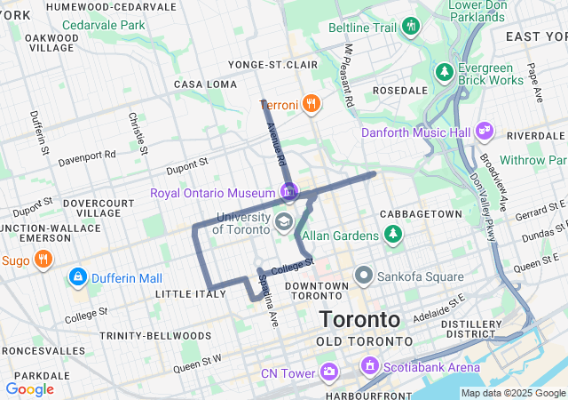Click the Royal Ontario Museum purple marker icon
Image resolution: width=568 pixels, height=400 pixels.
(288, 191)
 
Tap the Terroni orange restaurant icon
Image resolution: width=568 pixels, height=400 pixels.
(310, 103)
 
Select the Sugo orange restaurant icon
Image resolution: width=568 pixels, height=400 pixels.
(43, 260)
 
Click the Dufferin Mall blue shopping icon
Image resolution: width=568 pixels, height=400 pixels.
(77, 278)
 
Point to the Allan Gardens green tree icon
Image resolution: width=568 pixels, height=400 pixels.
(392, 235)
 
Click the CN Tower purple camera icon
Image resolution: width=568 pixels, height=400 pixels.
(328, 371)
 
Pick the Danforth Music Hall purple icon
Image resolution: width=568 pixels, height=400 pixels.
(484, 132)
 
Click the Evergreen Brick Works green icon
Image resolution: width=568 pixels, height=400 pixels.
(443, 70)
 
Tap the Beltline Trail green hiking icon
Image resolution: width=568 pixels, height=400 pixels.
(409, 26)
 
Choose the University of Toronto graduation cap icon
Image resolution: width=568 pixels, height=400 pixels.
(284, 220)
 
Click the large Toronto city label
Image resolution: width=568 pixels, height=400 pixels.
(360, 319)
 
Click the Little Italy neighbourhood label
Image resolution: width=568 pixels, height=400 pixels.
(185, 293)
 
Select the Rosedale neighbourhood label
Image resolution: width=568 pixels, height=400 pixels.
(400, 91)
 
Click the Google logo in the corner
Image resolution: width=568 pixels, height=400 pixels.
(29, 389)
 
